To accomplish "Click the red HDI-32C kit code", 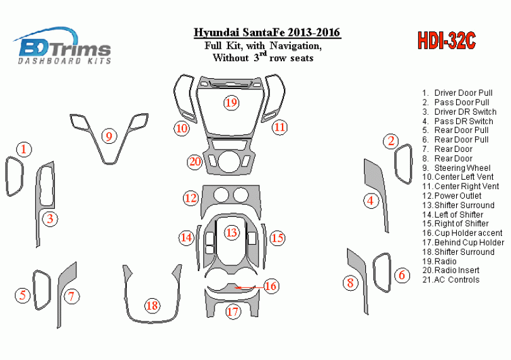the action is pos(447,41).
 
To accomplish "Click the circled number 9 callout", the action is pos(109,136).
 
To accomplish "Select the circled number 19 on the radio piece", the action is pos(231,103).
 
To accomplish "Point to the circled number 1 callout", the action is pos(24,149).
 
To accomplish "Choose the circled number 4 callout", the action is pos(371,200).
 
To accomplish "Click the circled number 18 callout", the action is pos(152,306).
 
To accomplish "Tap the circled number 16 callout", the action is pos(271,286).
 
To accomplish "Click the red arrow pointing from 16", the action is pos(250,287).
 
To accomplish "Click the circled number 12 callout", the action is pos(191,198).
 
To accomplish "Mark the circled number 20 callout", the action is pos(195,161).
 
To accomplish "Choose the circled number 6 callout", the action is pos(402,275).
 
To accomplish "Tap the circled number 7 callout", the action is pos(71,296).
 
